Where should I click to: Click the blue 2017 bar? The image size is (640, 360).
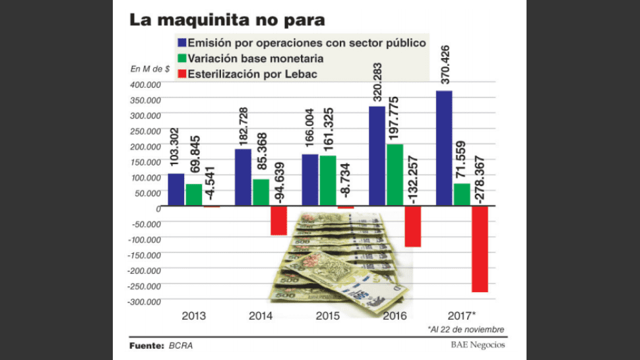(444, 148)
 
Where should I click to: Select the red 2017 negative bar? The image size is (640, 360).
(479, 249)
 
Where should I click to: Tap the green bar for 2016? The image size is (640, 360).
(395, 175)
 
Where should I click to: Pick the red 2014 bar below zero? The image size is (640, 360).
(278, 220)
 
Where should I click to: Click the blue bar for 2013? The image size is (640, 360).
(176, 189)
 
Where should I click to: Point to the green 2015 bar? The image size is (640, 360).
(328, 181)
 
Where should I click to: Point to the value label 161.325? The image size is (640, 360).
(327, 129)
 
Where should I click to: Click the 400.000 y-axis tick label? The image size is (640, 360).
(146, 84)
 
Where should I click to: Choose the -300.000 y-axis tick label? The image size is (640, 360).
(144, 301)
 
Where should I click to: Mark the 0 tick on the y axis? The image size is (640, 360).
(159, 208)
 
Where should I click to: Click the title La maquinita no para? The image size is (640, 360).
(227, 20)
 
